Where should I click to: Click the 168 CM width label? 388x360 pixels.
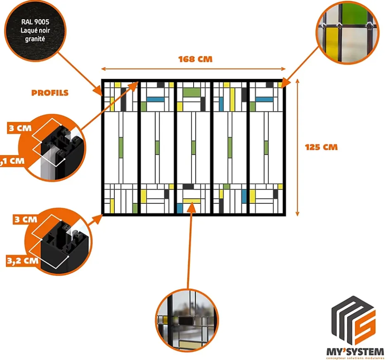click(x=195, y=59)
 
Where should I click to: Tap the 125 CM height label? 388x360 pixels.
click(x=321, y=147)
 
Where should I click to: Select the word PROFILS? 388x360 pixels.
click(x=50, y=93)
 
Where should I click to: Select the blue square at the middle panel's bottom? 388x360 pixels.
click(x=180, y=208)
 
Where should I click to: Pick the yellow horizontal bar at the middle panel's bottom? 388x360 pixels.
click(x=192, y=201)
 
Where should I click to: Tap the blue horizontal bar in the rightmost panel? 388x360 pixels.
click(x=264, y=99)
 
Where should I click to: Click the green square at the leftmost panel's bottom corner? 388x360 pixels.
click(x=135, y=208)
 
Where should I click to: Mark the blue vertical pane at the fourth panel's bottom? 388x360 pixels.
click(x=244, y=196)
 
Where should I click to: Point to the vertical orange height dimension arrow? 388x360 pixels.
click(x=298, y=147)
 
